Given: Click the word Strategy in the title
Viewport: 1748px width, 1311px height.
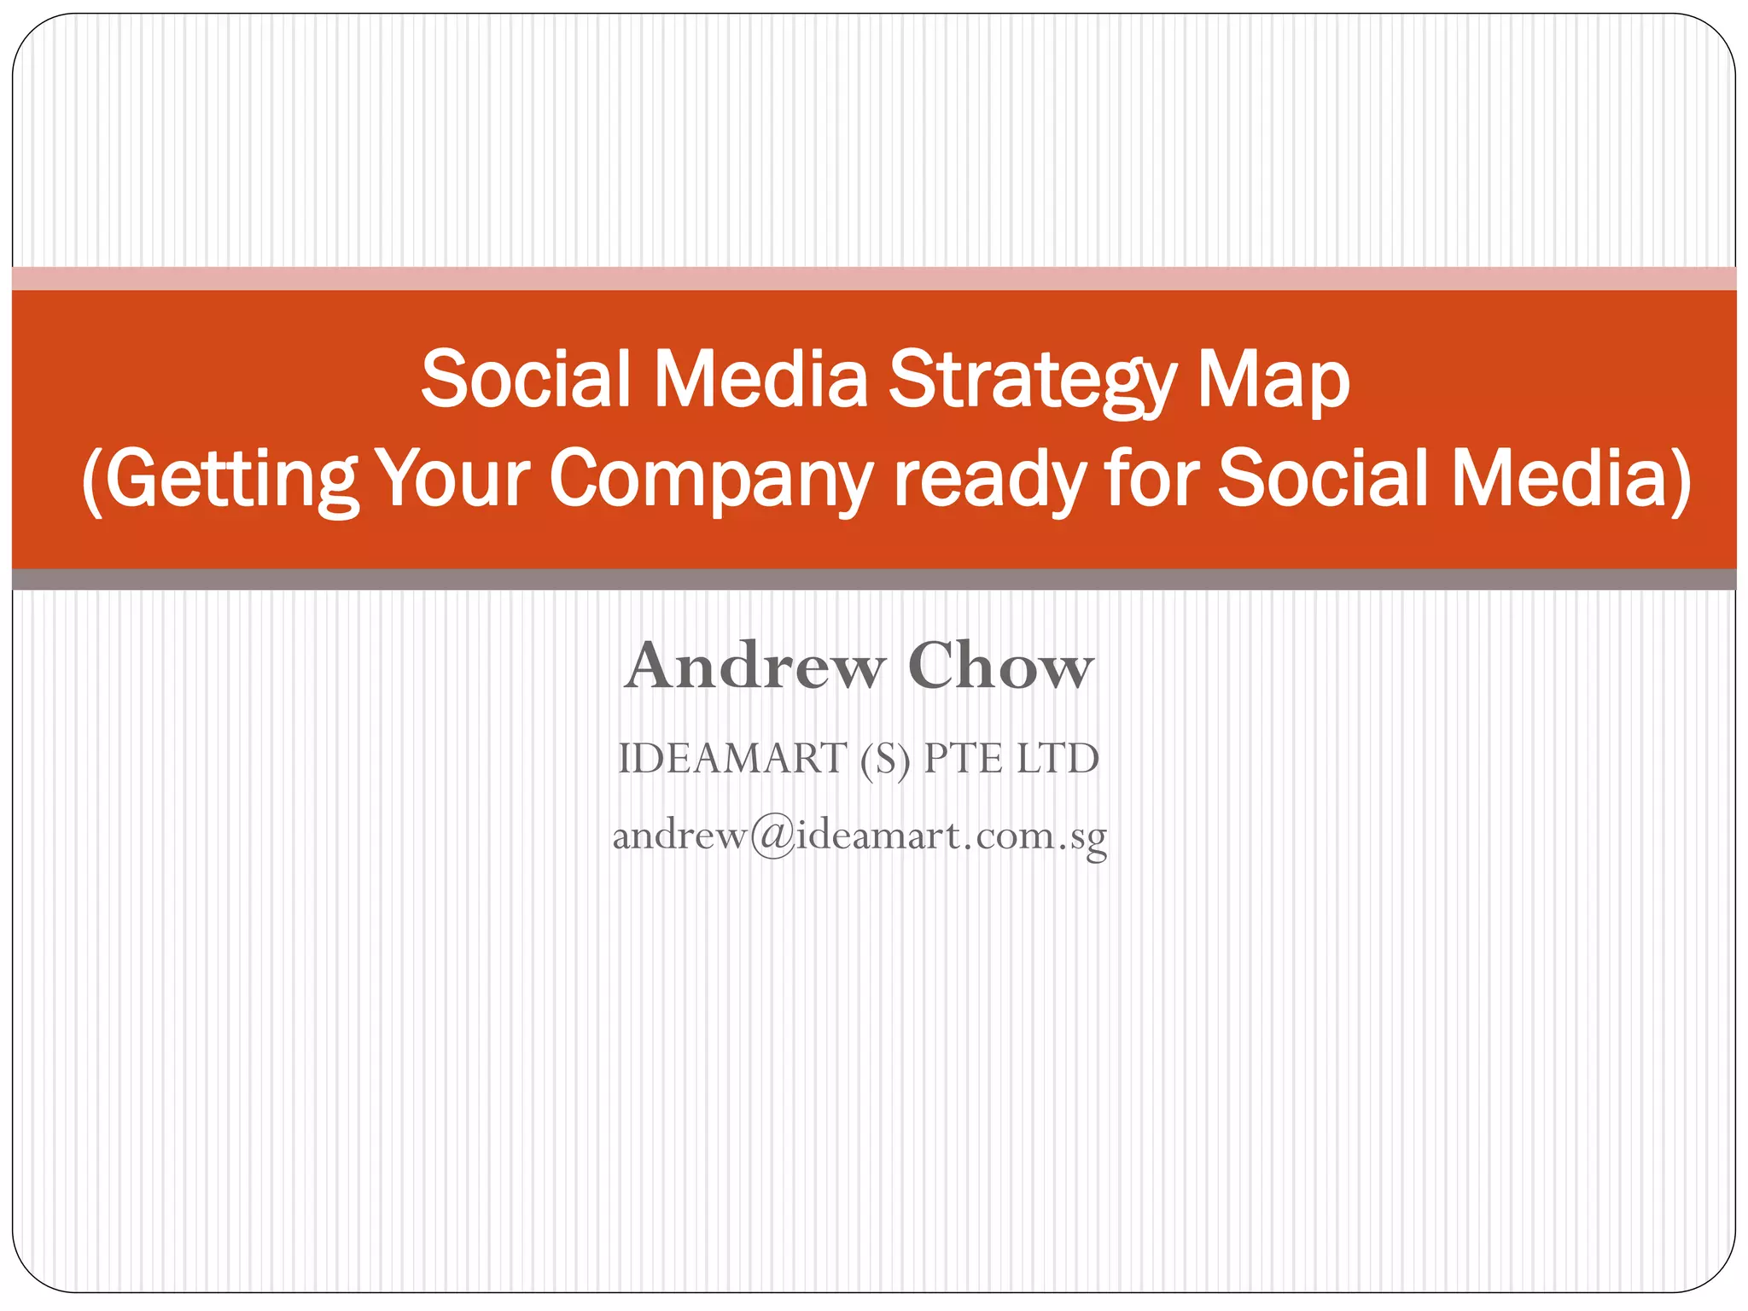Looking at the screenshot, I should click(x=1031, y=380).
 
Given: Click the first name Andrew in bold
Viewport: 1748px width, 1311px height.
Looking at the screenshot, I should click(x=755, y=666).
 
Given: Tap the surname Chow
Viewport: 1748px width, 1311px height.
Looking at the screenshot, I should click(x=1000, y=666).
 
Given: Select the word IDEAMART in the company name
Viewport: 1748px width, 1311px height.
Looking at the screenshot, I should click(x=731, y=759).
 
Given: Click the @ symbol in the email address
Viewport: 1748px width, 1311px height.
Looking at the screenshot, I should click(x=772, y=836).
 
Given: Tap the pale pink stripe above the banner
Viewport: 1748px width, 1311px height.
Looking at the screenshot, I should click(x=874, y=278).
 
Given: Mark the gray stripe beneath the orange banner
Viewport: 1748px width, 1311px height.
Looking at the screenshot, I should click(x=874, y=580).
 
